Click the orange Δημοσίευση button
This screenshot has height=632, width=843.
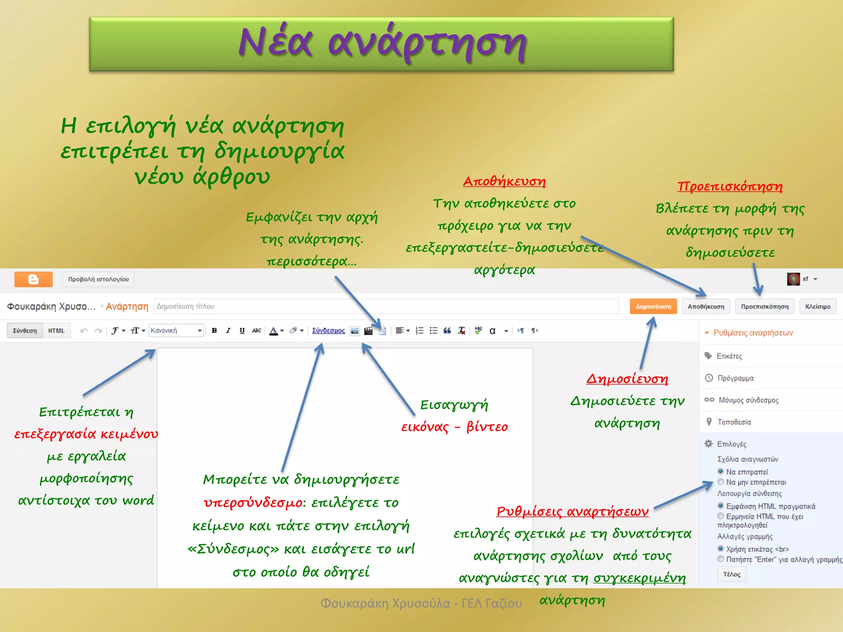pyautogui.click(x=653, y=307)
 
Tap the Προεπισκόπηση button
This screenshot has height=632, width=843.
pyautogui.click(x=764, y=307)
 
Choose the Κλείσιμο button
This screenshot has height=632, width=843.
pyautogui.click(x=817, y=307)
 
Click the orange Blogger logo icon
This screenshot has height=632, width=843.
pyautogui.click(x=33, y=279)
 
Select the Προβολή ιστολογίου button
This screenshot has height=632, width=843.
pyautogui.click(x=98, y=279)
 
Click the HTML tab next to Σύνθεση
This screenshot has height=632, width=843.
pyautogui.click(x=56, y=330)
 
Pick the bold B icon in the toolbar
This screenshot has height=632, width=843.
pyautogui.click(x=214, y=330)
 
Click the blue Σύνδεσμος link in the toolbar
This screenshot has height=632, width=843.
pyautogui.click(x=328, y=330)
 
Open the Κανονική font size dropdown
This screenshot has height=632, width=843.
pyautogui.click(x=176, y=330)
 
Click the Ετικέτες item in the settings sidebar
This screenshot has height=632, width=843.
pyautogui.click(x=729, y=356)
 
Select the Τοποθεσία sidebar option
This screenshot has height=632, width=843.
pyautogui.click(x=734, y=422)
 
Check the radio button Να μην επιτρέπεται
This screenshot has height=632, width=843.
pyautogui.click(x=721, y=482)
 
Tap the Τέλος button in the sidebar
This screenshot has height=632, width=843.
pyautogui.click(x=731, y=574)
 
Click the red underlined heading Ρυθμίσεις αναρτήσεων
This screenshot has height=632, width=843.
pyautogui.click(x=572, y=511)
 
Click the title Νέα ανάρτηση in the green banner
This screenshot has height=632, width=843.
pyautogui.click(x=382, y=43)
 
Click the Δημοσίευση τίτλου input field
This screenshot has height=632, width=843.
pyautogui.click(x=386, y=307)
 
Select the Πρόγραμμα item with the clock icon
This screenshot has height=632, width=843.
pyautogui.click(x=735, y=378)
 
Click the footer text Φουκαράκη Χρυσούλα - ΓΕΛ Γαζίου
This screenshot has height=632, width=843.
pyautogui.click(x=421, y=603)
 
